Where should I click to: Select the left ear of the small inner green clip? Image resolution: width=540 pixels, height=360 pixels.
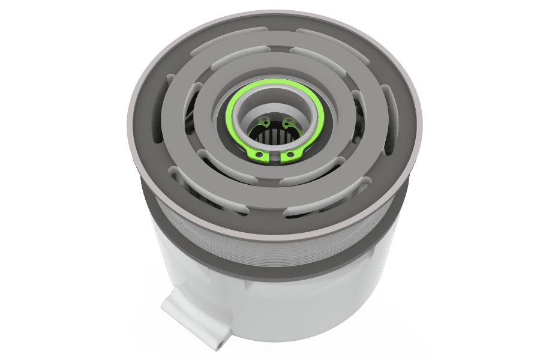[260, 124]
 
